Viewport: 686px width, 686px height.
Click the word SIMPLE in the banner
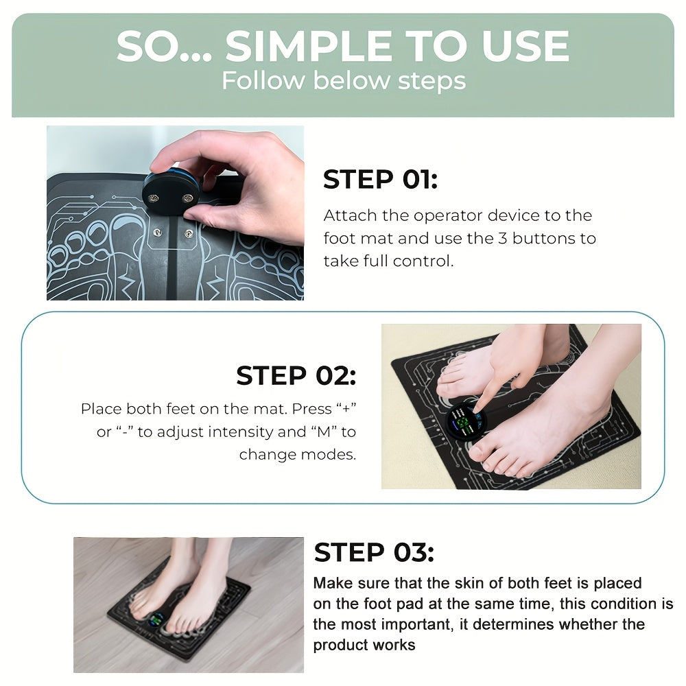[x=318, y=47]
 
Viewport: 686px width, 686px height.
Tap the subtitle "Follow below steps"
[x=343, y=80]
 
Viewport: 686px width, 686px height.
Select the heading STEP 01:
[x=380, y=180]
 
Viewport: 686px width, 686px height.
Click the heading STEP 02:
[x=296, y=375]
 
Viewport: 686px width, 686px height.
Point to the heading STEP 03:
[x=374, y=552]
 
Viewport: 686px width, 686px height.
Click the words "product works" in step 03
[x=364, y=645]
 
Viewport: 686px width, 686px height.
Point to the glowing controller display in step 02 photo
[x=463, y=420]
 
